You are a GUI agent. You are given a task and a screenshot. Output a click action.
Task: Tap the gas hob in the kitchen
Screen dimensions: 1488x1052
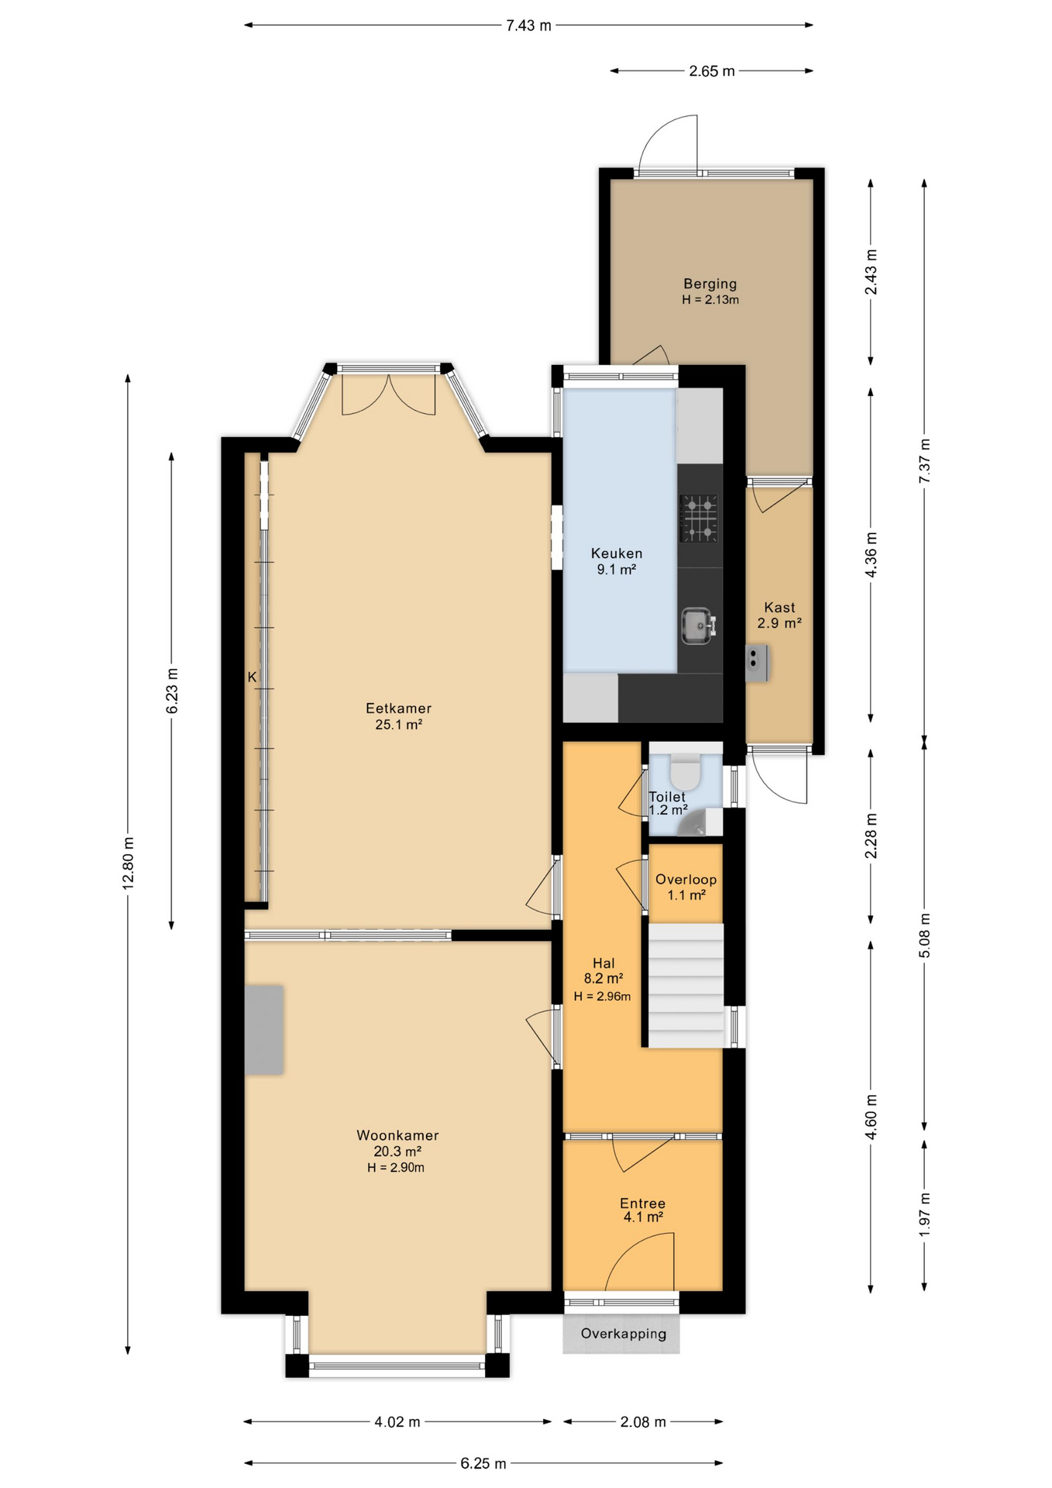698,518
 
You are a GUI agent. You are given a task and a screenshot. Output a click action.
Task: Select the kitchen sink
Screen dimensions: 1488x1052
696,625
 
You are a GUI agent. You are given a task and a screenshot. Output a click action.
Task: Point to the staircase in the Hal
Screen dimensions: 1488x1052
686,984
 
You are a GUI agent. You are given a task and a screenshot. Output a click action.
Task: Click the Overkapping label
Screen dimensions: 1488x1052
623,1334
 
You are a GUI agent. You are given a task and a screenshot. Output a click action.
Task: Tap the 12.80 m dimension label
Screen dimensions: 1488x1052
129,862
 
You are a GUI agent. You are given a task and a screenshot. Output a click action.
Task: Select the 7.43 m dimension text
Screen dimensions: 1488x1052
528,26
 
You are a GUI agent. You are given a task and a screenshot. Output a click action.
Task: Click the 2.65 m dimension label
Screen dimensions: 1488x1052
711,71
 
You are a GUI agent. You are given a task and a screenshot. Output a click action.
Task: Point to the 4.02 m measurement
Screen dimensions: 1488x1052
397,1421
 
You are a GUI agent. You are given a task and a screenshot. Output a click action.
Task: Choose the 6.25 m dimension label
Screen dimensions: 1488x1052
483,1463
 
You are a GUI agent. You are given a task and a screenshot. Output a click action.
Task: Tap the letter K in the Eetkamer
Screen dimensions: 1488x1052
252,677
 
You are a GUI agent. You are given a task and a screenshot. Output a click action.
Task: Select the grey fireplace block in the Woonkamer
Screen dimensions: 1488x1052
264,1029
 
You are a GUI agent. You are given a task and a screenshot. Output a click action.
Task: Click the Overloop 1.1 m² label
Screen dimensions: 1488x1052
686,887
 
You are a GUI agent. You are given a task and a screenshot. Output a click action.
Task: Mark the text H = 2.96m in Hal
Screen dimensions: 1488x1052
602,997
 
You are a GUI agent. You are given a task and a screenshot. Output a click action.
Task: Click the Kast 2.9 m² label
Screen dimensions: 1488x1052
779,615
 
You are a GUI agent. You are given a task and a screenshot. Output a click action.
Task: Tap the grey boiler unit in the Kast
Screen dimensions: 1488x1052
756,663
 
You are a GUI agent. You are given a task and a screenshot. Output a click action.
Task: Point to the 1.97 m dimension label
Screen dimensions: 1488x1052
924,1214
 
